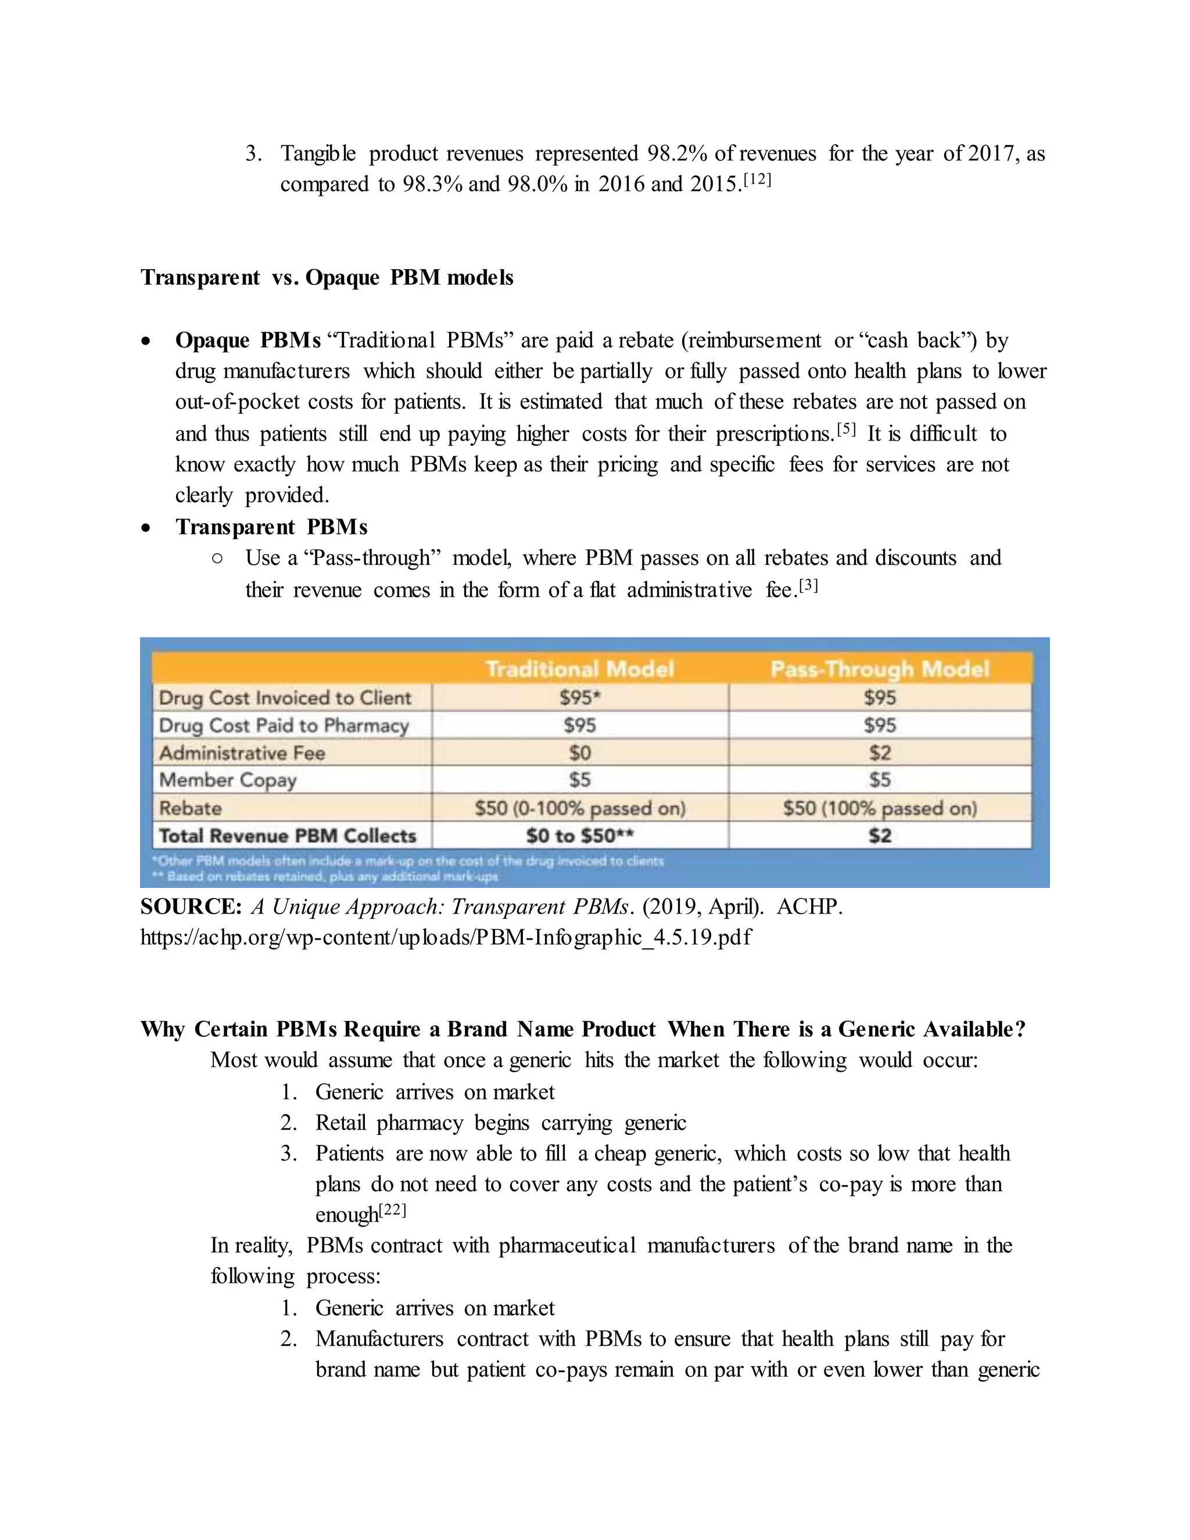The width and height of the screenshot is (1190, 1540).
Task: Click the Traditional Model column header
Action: point(579,668)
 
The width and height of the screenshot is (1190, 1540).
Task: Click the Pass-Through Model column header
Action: point(880,668)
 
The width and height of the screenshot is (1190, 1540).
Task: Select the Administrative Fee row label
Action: point(242,753)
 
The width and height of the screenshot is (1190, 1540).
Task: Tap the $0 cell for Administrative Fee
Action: point(579,753)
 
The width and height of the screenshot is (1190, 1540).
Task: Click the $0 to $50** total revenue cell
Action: point(579,836)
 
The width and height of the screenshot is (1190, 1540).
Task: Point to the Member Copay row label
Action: point(228,780)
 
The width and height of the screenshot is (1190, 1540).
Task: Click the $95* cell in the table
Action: point(579,697)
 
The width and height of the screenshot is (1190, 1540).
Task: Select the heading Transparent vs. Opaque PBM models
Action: point(327,277)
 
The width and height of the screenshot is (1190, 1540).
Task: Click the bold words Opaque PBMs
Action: point(248,341)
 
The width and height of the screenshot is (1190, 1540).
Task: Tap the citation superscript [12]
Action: point(758,180)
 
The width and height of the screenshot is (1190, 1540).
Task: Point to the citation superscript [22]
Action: point(393,1210)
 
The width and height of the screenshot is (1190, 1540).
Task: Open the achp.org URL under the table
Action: point(446,937)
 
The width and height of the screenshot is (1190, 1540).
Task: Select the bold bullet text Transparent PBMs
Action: point(271,527)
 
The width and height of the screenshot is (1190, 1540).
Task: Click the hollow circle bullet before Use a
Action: point(217,558)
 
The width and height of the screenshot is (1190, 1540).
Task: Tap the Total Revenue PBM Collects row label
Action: point(288,836)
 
